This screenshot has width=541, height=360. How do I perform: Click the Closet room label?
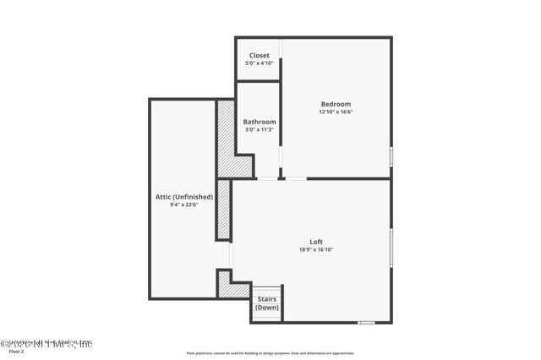(259, 56)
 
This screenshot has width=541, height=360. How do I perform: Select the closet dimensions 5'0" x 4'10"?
(259, 63)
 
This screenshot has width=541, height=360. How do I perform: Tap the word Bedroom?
(336, 104)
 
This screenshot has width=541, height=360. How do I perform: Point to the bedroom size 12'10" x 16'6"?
(336, 112)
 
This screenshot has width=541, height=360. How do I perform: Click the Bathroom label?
(260, 122)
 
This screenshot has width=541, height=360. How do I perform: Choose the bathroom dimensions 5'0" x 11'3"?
(260, 129)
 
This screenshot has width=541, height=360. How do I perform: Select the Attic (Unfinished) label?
(183, 196)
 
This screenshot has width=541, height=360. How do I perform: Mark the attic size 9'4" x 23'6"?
(183, 204)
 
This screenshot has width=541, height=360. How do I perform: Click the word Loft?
(316, 242)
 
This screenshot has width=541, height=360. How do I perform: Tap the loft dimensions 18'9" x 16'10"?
(316, 249)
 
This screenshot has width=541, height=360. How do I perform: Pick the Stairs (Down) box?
(267, 303)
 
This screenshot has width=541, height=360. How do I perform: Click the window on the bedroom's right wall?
(391, 156)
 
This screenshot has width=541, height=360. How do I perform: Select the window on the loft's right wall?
(391, 247)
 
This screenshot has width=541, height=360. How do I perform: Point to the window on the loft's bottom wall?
(367, 322)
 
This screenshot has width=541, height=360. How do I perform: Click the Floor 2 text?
(16, 351)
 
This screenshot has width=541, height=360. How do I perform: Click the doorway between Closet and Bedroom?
(281, 59)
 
